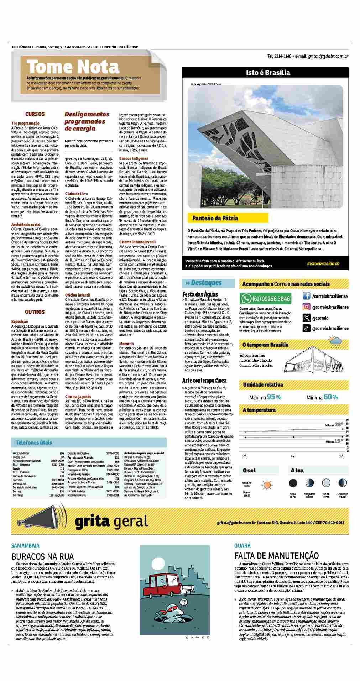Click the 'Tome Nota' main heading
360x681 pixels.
pyautogui.click(x=73, y=67)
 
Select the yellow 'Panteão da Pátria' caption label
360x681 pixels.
pyautogui.click(x=215, y=218)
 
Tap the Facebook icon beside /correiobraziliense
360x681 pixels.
pyautogui.click(x=306, y=296)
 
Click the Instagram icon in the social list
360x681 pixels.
pyautogui.click(x=306, y=307)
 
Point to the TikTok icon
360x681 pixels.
pyautogui.click(x=306, y=329)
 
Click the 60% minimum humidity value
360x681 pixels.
pyautogui.click(x=331, y=397)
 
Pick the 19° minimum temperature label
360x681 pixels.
pyautogui.click(x=339, y=441)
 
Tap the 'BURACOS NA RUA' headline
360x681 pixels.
pyautogui.click(x=42, y=556)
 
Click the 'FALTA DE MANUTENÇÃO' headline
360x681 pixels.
pyautogui.click(x=276, y=556)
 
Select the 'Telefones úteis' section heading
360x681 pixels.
pyautogui.click(x=34, y=443)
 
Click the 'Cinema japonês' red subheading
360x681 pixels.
pyautogui.click(x=78, y=396)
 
